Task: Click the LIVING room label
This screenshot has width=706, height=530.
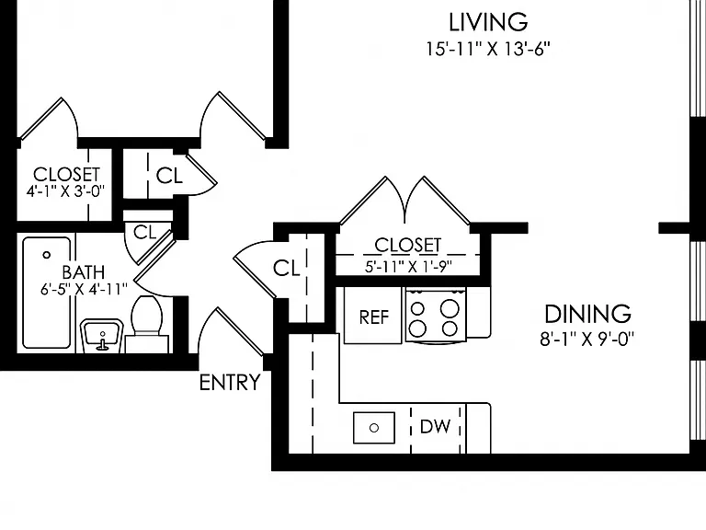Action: pyautogui.click(x=488, y=22)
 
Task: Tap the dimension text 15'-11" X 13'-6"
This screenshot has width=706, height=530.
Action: pyautogui.click(x=488, y=49)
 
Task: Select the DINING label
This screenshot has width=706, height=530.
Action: pyautogui.click(x=587, y=314)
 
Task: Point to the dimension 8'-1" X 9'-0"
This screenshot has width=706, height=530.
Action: pyautogui.click(x=587, y=339)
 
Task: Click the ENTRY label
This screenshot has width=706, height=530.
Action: pyautogui.click(x=230, y=383)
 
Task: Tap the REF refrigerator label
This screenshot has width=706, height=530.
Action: pyautogui.click(x=374, y=317)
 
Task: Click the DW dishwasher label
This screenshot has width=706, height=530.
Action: pyautogui.click(x=435, y=426)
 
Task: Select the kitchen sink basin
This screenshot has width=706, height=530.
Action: pyautogui.click(x=374, y=428)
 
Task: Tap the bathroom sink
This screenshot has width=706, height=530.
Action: pyautogui.click(x=102, y=336)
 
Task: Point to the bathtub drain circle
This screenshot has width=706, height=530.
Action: pyautogui.click(x=46, y=255)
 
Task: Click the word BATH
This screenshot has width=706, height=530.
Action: pyautogui.click(x=84, y=272)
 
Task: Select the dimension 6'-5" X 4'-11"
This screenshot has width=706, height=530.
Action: pyautogui.click(x=85, y=288)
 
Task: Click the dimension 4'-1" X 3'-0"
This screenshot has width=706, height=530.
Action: pyautogui.click(x=66, y=191)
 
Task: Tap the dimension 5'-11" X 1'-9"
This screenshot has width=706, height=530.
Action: pyautogui.click(x=408, y=266)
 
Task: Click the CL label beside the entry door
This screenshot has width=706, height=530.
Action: pyautogui.click(x=287, y=269)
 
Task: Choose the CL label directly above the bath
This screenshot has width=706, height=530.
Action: pyautogui.click(x=145, y=233)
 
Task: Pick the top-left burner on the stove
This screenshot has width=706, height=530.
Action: pyautogui.click(x=417, y=308)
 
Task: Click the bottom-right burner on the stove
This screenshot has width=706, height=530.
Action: pyautogui.click(x=450, y=328)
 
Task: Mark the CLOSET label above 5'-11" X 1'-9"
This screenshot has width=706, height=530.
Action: pyautogui.click(x=408, y=245)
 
